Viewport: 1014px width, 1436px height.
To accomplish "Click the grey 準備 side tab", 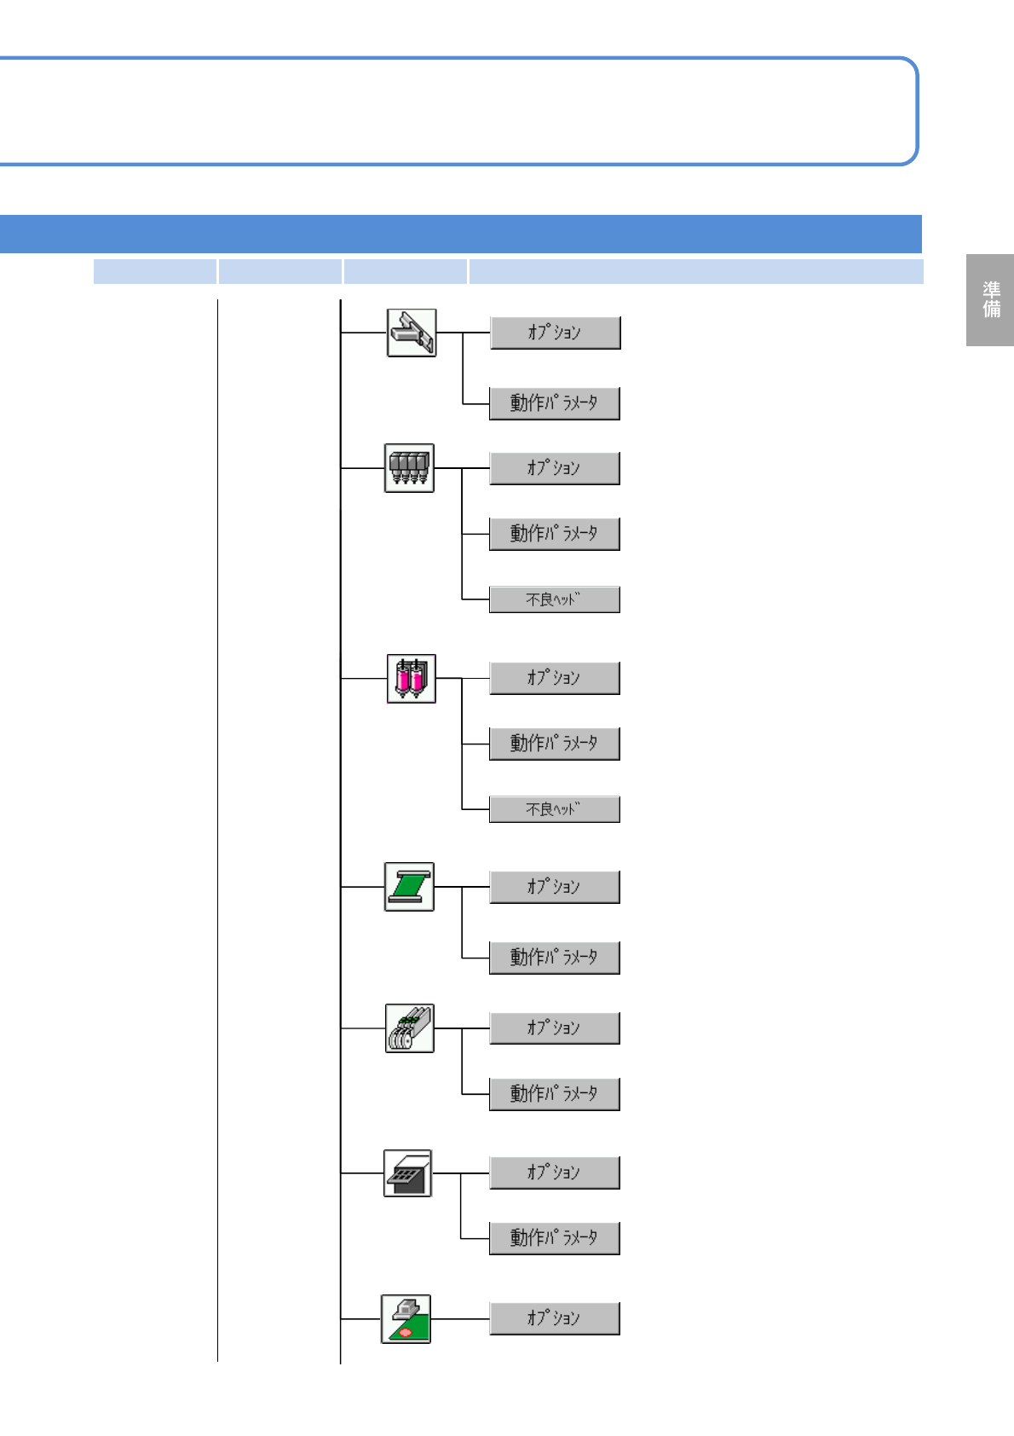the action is [990, 299].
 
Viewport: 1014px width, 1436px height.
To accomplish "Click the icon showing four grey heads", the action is [409, 467].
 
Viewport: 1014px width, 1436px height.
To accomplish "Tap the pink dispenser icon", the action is [411, 678].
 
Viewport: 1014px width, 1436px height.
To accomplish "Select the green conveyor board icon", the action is [409, 886].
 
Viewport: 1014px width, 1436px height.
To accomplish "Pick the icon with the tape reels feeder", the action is [409, 1028].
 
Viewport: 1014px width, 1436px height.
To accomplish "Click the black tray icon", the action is [407, 1173].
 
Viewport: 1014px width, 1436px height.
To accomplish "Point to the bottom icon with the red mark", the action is [406, 1318].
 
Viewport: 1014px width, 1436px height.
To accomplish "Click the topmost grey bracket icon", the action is [412, 333].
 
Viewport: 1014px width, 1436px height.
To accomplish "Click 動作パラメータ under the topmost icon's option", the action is [554, 402].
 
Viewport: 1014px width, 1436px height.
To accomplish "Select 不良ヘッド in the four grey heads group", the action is [554, 599].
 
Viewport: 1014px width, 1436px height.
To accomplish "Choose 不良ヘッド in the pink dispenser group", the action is [554, 808].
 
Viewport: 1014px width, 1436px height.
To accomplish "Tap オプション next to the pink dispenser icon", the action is [554, 678].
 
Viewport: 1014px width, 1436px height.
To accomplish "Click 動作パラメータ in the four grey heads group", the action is [554, 534].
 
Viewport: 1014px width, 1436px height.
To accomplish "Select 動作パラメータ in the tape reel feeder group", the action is [554, 1093].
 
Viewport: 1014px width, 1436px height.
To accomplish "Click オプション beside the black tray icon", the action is [554, 1173].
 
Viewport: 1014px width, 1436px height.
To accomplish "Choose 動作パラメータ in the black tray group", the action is [554, 1237].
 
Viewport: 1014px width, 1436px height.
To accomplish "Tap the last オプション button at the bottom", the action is [554, 1318].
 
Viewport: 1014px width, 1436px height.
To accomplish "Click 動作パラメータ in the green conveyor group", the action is [554, 957].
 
